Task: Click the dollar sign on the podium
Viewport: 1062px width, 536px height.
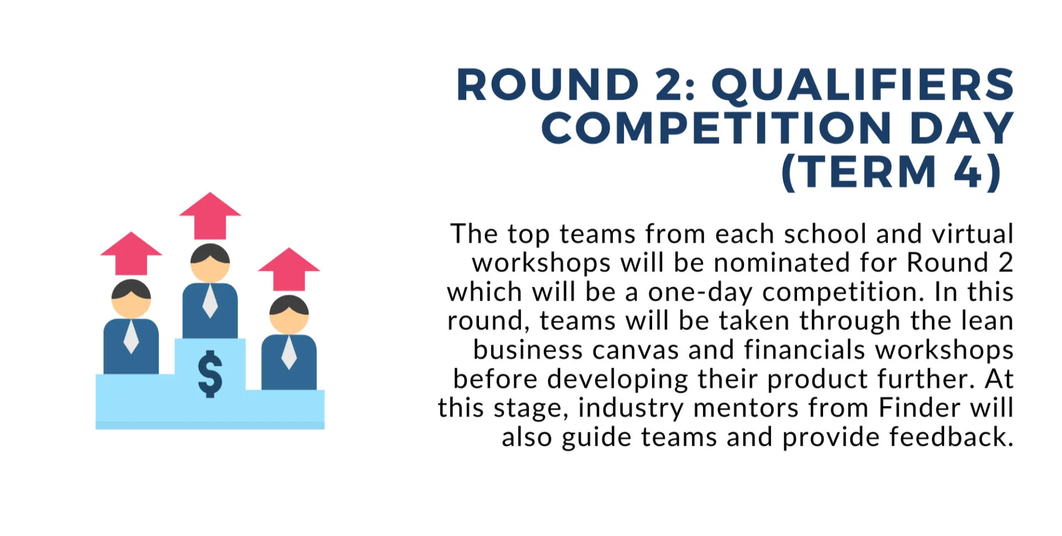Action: coord(210,374)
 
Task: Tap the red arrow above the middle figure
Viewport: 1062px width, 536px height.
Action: coord(210,216)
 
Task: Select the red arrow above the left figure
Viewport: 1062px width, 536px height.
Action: coord(131,254)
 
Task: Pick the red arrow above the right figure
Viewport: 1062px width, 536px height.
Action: coord(289,269)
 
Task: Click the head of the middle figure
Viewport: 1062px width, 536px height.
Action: coord(210,263)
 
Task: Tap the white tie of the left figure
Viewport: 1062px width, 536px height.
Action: coord(131,337)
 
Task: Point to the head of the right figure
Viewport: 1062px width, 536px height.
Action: coord(289,314)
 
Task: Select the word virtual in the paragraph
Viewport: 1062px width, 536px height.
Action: coord(973,234)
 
